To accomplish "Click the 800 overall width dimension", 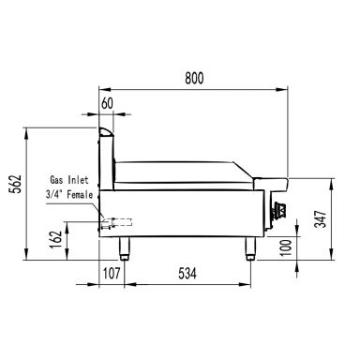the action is (x=194, y=78).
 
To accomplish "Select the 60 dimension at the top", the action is (x=107, y=103).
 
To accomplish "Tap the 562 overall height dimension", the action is (x=16, y=184).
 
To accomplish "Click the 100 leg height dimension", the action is (x=286, y=247).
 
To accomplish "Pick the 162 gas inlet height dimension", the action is (x=56, y=240).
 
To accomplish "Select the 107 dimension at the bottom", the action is (x=112, y=274).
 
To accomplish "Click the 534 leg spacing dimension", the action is (x=187, y=274).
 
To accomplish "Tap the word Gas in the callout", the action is (x=55, y=180).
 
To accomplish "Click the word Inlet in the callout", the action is (x=78, y=180).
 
